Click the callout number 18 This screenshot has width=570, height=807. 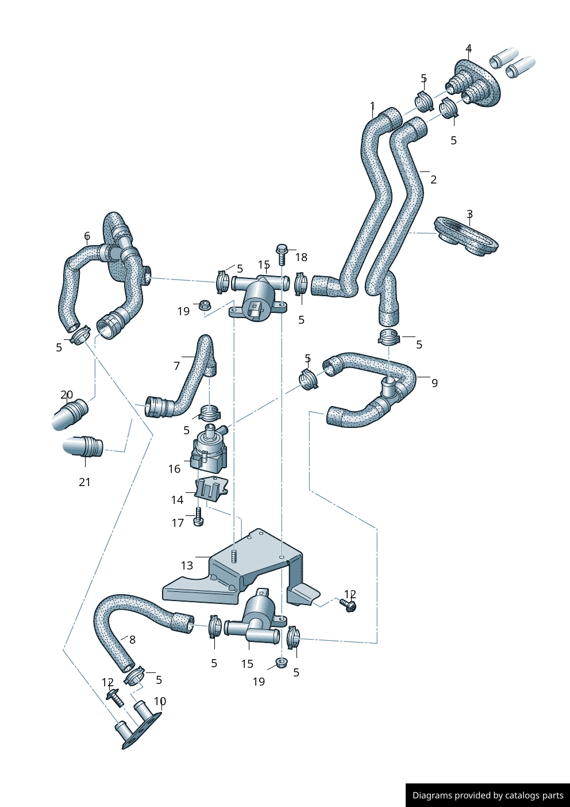tap(301, 257)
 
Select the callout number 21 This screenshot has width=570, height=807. tap(84, 482)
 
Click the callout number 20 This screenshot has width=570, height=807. tap(67, 395)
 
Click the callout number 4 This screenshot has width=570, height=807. tap(469, 49)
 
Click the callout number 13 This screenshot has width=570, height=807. tap(187, 565)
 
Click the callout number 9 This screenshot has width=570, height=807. tap(434, 383)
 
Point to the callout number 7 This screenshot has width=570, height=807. tap(176, 366)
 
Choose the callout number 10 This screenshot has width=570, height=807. tap(160, 702)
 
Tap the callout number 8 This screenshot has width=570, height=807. tap(132, 640)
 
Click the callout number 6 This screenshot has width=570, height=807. tap(87, 236)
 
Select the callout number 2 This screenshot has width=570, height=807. tap(433, 179)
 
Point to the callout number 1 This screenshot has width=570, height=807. tap(372, 106)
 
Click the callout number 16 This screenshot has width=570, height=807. tap(174, 469)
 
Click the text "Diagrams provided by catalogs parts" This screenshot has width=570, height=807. tap(488, 795)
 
